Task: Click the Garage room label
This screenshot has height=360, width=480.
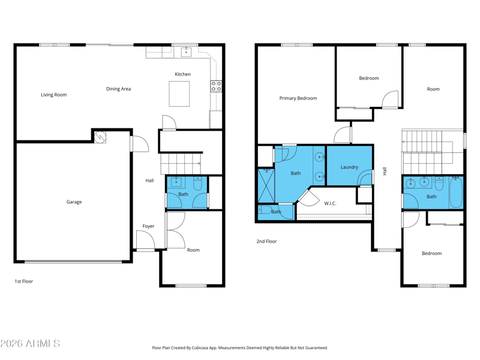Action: [x=74, y=202]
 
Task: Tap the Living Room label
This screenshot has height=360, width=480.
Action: [x=54, y=95]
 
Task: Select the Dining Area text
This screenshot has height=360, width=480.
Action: [x=118, y=89]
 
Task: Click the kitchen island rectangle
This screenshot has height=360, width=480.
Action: [x=179, y=94]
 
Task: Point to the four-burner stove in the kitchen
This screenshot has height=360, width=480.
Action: [x=216, y=86]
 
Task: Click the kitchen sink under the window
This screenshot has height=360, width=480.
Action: [x=186, y=52]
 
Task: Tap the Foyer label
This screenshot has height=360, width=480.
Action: [x=148, y=226]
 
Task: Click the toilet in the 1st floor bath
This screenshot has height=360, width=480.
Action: [x=198, y=183]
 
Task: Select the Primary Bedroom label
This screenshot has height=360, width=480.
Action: [x=298, y=98]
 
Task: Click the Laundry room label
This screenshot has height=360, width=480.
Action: [x=349, y=167]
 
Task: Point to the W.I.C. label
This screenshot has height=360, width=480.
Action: [x=331, y=203]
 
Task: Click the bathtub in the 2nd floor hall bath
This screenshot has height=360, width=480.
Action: [x=456, y=192]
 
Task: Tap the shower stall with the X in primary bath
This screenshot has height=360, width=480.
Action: [x=266, y=185]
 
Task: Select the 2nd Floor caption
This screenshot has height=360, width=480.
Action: [x=266, y=242]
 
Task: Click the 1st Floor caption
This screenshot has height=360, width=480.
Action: [x=24, y=281]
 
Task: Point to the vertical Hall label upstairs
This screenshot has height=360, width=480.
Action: [x=385, y=171]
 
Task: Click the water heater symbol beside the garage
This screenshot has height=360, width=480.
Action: [x=100, y=137]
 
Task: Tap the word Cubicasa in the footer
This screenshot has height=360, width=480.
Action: [x=200, y=348]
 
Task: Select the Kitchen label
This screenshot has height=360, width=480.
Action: [x=183, y=74]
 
